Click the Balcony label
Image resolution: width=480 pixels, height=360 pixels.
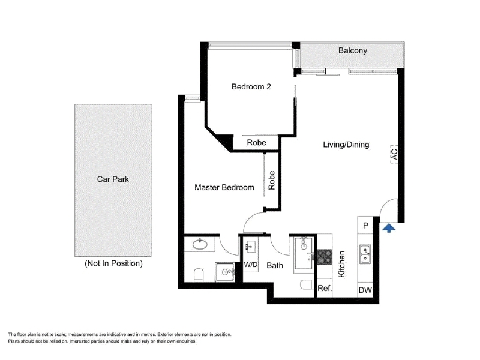[352, 50]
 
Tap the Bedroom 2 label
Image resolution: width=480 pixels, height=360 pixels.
[251, 86]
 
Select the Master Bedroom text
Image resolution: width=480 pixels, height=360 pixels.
[224, 187]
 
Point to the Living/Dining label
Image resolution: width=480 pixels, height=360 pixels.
[346, 145]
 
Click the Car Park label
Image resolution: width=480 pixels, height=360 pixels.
[113, 179]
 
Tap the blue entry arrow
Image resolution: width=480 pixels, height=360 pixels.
[389, 228]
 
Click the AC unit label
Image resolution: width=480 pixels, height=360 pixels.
[395, 154]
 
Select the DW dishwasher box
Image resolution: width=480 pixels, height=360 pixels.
[365, 290]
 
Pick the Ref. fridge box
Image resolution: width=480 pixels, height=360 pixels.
[324, 288]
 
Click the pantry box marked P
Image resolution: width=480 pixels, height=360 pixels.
[365, 226]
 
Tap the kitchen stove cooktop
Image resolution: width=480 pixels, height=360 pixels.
[324, 257]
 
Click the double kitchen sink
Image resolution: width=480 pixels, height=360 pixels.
[365, 254]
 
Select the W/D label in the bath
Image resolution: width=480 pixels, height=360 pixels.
[251, 265]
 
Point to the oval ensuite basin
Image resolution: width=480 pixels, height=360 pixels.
[200, 244]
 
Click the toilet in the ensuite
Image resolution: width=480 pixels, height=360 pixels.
[199, 275]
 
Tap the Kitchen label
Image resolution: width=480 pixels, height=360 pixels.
[341, 264]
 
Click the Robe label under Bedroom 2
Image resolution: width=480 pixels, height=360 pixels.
[256, 142]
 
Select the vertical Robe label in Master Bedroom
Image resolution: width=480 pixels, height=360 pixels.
[271, 180]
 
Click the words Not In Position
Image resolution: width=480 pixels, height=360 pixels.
[113, 263]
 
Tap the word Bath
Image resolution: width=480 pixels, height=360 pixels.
[275, 265]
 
